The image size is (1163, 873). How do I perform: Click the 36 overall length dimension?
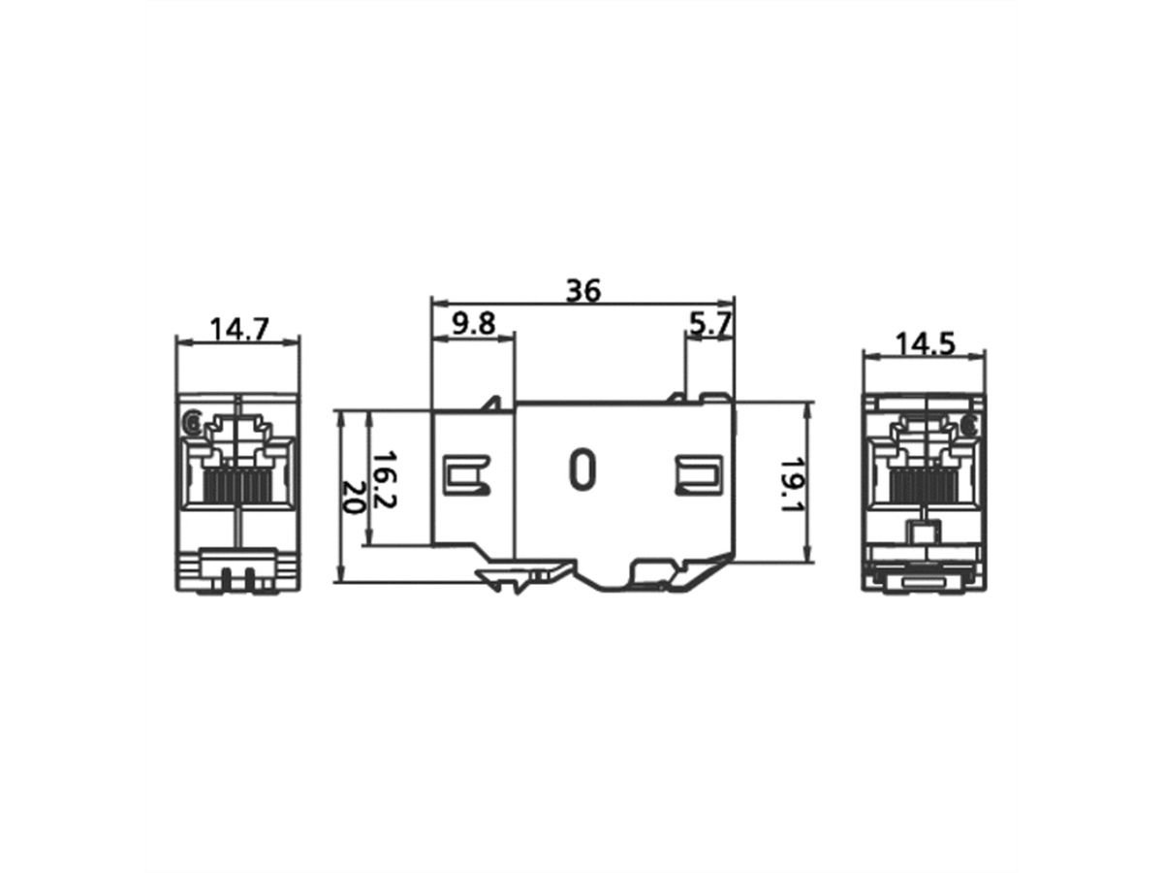(584, 289)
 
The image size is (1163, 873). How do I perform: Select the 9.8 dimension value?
(473, 324)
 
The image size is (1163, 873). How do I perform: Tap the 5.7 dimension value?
(709, 324)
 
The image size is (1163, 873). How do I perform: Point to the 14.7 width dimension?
(238, 329)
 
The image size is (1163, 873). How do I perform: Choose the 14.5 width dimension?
(925, 343)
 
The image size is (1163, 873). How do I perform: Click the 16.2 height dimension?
(386, 477)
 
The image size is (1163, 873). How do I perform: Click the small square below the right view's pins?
(924, 532)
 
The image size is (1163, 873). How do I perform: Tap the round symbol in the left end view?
(191, 422)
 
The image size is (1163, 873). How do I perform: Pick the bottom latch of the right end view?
(925, 578)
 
